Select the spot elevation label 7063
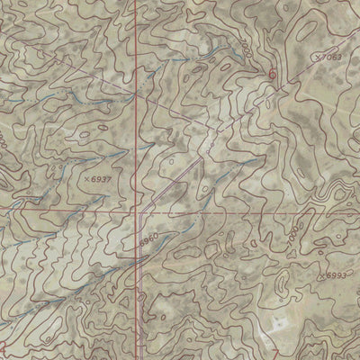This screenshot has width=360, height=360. [333, 58]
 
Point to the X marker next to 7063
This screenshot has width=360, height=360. [317, 58]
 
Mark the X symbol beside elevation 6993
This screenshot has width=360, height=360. [322, 274]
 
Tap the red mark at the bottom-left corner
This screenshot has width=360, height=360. [3, 347]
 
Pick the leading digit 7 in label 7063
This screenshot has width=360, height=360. [325, 58]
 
